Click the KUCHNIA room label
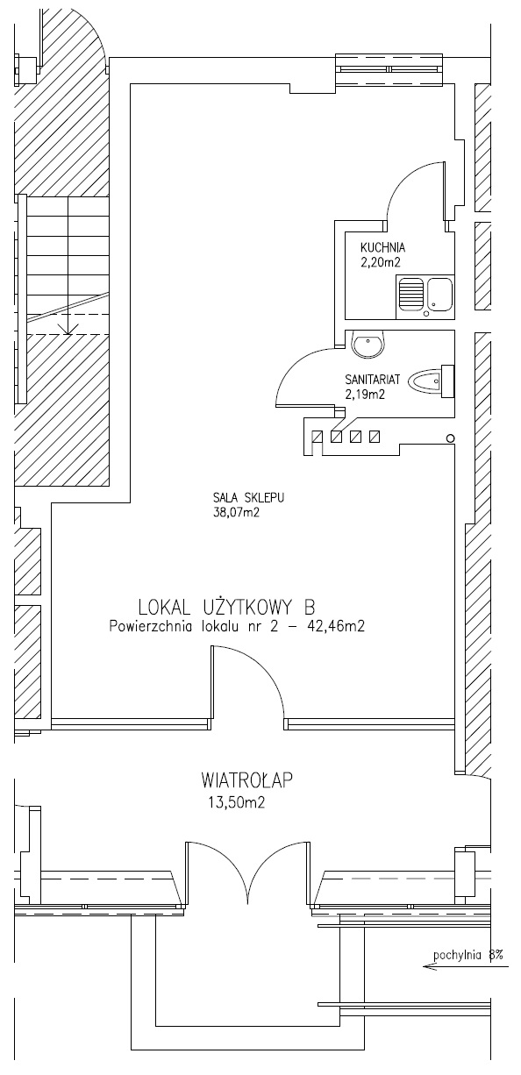pos(382,247)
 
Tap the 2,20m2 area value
pos(381,262)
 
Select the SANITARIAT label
pos(372,379)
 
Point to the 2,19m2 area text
pos(365,394)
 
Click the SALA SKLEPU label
pos(248,498)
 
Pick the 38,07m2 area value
pos(236,513)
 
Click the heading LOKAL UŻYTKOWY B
pos(226,607)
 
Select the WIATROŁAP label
pos(246,780)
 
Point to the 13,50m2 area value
pos(236,803)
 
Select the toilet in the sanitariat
pos(432,381)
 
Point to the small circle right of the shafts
pos(450,438)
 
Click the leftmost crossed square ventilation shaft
pos(318,437)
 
